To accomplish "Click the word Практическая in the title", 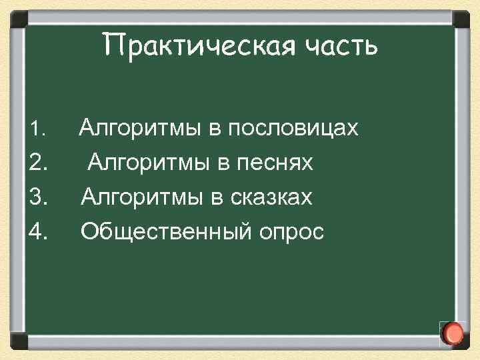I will point(189,46).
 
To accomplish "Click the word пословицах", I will point(293,127).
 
